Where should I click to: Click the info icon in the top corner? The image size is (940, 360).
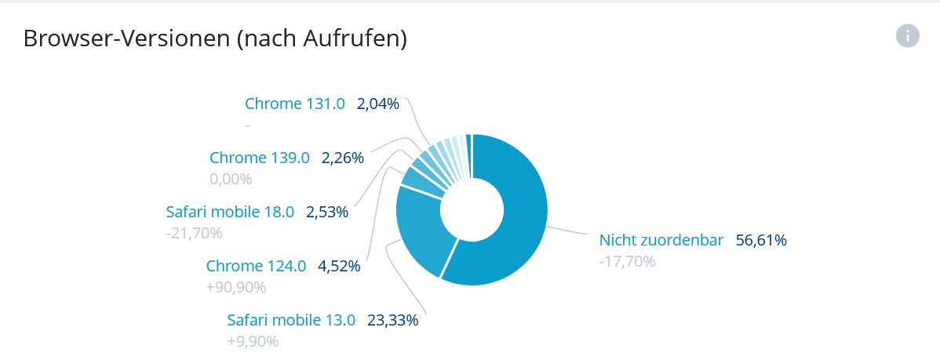point(907,35)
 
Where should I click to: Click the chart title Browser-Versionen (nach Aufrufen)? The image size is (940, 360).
point(214,38)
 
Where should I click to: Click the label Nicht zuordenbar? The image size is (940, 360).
point(661,240)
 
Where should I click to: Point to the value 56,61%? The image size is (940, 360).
point(761,240)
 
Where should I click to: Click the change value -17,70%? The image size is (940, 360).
point(626,261)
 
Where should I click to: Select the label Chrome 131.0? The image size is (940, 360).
point(294,104)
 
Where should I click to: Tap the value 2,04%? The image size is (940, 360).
point(378,104)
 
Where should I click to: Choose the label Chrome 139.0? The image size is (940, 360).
point(260,158)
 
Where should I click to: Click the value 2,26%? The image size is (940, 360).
point(343,158)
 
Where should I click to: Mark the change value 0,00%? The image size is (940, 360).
point(231,179)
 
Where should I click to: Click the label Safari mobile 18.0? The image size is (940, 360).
point(230,212)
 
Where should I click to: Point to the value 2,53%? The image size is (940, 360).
point(327,212)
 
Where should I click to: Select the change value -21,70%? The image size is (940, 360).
point(194,233)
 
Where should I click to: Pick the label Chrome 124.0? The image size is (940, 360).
point(256,266)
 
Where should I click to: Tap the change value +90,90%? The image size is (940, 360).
point(236,287)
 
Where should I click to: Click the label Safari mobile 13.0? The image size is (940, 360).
point(291,320)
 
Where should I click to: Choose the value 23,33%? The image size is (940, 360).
point(392,320)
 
